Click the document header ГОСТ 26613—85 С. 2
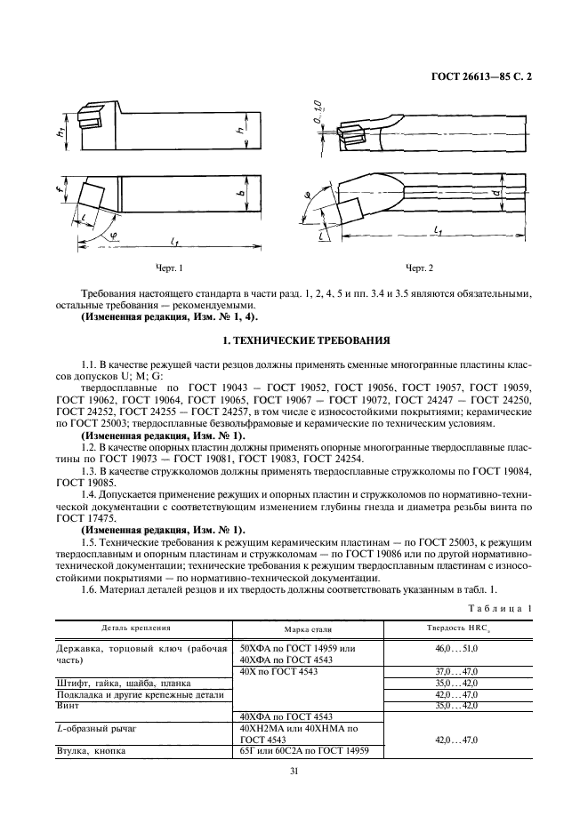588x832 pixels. pos(479,76)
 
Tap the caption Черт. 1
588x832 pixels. pos(169,268)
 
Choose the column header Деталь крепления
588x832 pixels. pos(116,628)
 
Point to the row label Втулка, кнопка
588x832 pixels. pos(91,750)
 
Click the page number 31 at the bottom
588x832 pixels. pos(294,772)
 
